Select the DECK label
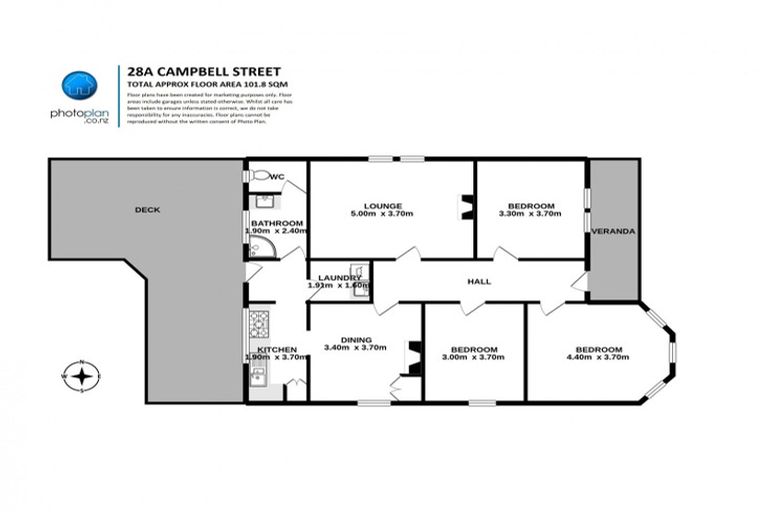pos(149,210)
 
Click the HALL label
pos(479,282)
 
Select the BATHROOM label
pos(276,223)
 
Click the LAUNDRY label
pos(337,278)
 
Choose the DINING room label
pos(355,338)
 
